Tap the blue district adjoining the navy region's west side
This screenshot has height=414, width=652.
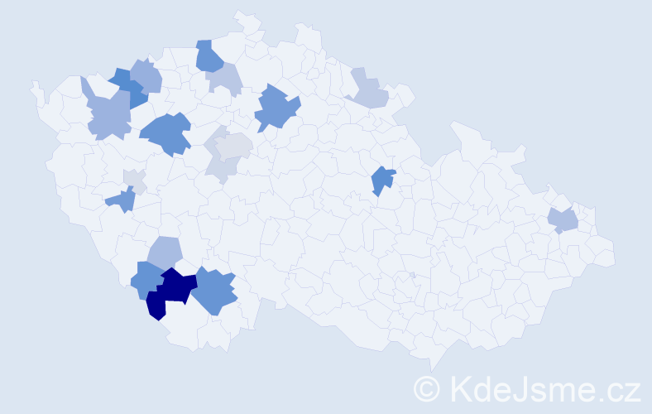tap(146, 280)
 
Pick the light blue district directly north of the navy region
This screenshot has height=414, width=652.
tap(165, 252)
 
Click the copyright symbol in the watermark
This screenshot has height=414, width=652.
tap(426, 388)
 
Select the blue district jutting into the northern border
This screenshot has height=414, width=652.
tap(208, 56)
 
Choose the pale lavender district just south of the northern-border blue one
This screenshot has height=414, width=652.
tap(225, 79)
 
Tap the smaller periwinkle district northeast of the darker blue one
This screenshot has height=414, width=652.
tap(146, 76)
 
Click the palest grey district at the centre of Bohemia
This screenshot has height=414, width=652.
tap(235, 147)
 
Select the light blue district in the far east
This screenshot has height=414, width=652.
tap(563, 220)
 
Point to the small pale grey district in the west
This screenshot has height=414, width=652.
tap(134, 180)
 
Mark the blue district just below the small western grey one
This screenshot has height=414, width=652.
tap(122, 200)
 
